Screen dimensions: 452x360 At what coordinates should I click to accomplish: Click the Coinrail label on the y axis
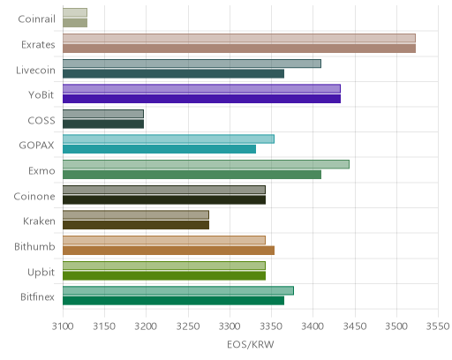[x=36, y=19]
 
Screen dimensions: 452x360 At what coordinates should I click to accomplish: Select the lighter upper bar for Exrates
[x=239, y=38]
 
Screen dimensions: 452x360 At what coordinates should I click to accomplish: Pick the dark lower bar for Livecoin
[x=173, y=73]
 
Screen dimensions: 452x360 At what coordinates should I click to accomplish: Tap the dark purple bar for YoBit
[x=201, y=99]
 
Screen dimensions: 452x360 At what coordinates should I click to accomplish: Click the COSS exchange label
[x=41, y=121]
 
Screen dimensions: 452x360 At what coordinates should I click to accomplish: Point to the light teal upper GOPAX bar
[x=169, y=139]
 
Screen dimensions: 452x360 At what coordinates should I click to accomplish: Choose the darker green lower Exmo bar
[x=192, y=175]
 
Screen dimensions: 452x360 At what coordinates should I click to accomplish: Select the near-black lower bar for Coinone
[x=164, y=199]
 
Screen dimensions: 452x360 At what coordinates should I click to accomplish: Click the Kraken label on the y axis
[x=39, y=221]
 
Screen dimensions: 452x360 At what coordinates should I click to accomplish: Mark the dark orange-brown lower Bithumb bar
[x=169, y=251]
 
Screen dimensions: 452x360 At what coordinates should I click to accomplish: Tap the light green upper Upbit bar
[x=164, y=266]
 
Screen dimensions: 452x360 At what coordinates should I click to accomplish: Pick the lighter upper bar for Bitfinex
[x=178, y=290]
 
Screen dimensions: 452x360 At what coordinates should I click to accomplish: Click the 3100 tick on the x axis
[x=63, y=326]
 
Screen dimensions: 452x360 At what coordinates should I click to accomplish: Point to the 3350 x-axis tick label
[x=271, y=326]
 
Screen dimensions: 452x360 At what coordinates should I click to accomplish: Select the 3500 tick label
[x=396, y=326]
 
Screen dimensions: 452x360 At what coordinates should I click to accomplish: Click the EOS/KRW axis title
[x=251, y=344]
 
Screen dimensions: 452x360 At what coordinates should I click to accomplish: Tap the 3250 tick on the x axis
[x=188, y=326]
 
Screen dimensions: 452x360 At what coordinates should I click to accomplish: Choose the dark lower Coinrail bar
[x=75, y=23]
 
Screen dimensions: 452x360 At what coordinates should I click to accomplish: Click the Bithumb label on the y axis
[x=34, y=246]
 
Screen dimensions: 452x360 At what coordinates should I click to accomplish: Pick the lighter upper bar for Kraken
[x=136, y=215]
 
